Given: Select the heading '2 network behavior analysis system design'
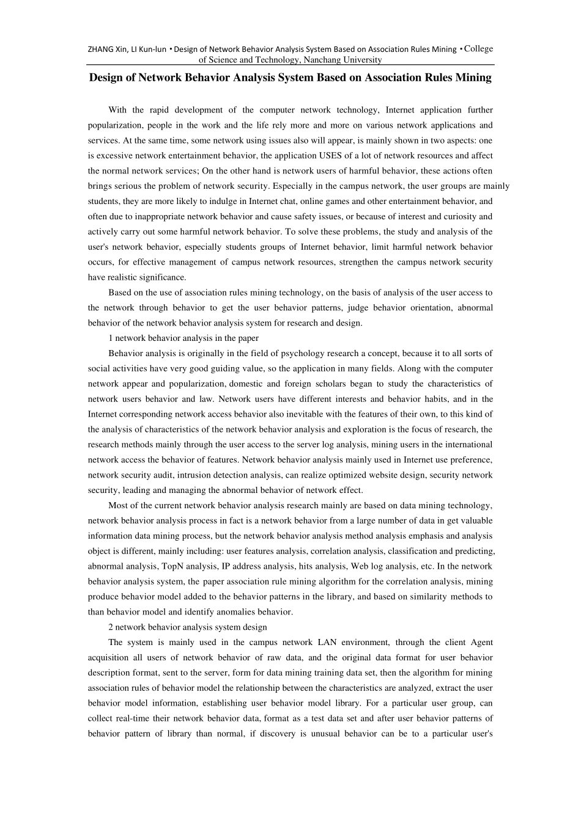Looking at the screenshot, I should [188, 627].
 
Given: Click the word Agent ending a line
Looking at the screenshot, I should [481, 643].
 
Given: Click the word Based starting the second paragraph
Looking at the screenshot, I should [120, 293].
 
